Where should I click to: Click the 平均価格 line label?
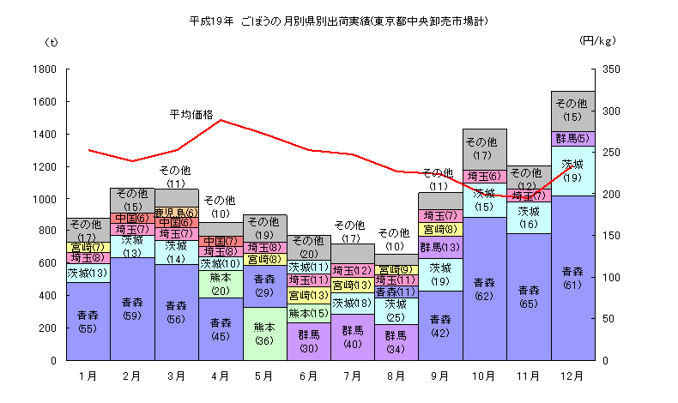[x=191, y=113]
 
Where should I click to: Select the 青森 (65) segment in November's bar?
[x=529, y=296]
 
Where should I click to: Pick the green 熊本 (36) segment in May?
[x=264, y=333]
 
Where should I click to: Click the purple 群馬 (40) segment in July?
[x=353, y=336]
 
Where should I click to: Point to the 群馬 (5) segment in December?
[x=572, y=138]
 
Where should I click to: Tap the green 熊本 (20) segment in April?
[x=221, y=284]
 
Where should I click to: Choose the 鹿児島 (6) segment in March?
[x=177, y=212]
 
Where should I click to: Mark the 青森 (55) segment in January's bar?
[x=88, y=321]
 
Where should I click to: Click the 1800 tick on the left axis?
[x=45, y=69]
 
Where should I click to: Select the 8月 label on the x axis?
[x=397, y=376]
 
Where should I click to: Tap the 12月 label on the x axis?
[x=572, y=376]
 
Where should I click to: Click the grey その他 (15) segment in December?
[x=572, y=111]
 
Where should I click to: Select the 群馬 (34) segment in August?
[x=397, y=341]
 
